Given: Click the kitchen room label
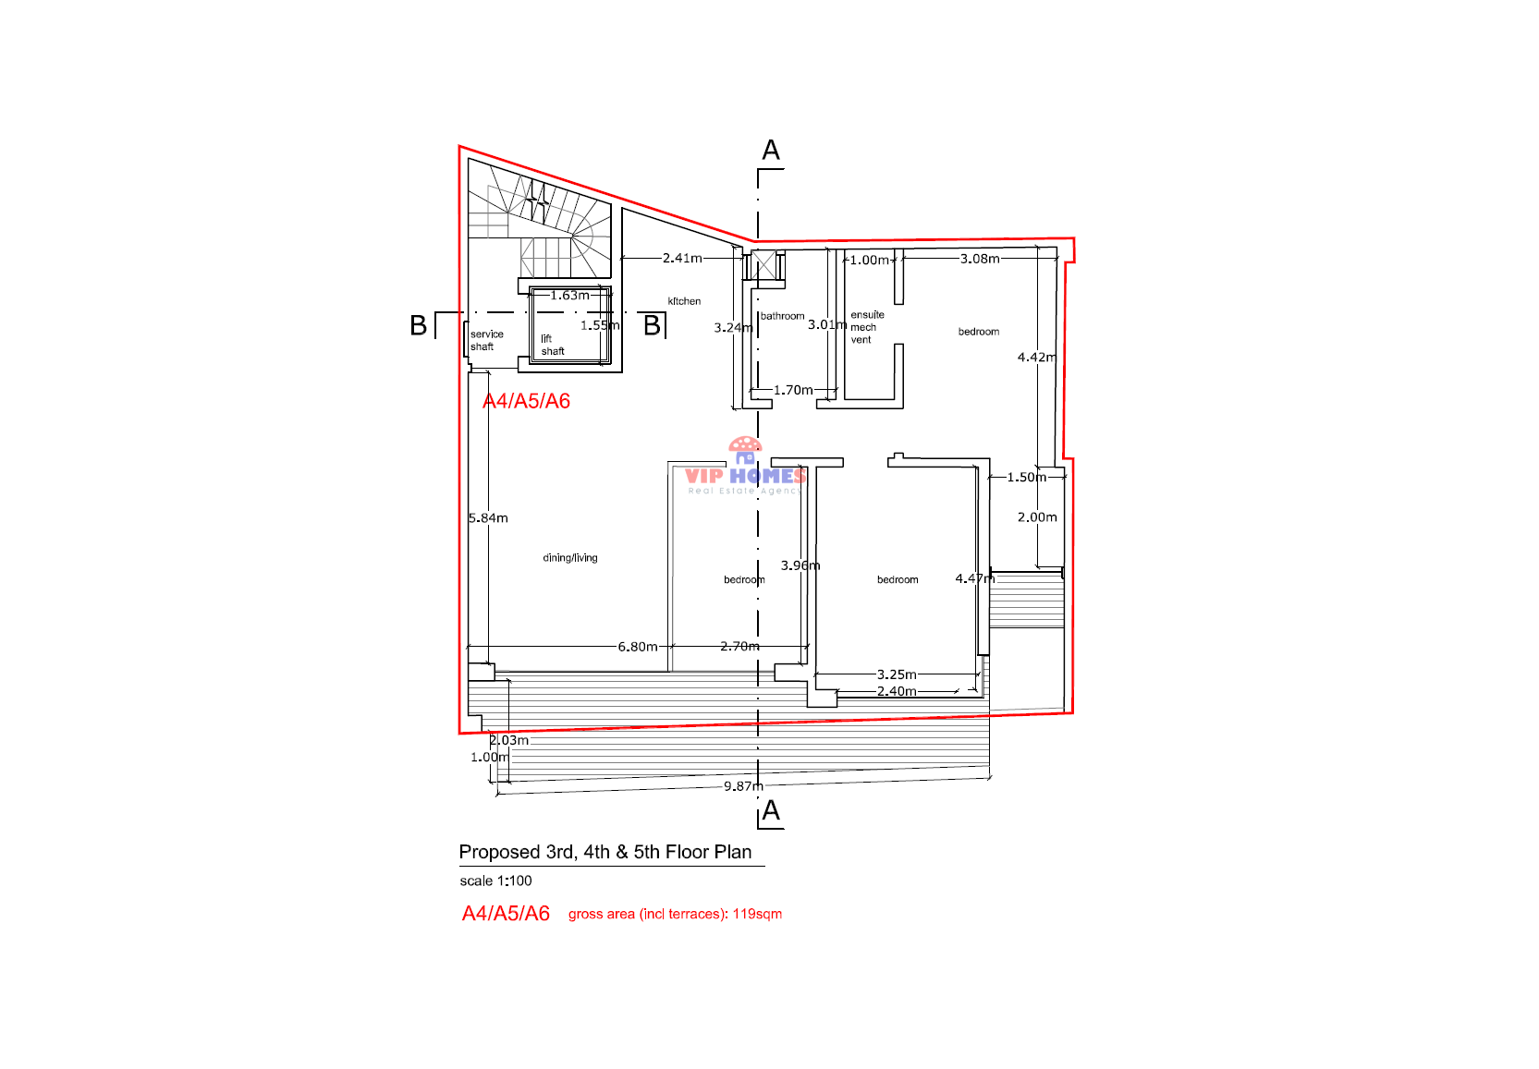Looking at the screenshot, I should point(684,301).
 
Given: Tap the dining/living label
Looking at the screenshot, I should point(570,558).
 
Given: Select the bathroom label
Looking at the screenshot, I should point(782,316).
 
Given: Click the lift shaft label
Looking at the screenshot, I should point(552,346).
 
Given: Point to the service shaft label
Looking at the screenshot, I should point(486,341).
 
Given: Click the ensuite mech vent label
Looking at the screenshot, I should point(866,328).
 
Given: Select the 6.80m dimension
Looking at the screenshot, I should point(638,647).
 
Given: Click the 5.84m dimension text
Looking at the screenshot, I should point(488,518).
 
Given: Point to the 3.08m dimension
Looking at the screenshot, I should point(980,259).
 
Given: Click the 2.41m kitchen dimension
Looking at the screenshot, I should point(682,259).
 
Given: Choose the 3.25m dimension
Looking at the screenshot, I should point(897,674).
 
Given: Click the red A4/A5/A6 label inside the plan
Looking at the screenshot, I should point(526,401).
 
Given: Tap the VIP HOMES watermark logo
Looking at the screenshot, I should point(745,470).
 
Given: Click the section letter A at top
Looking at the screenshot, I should point(771,151).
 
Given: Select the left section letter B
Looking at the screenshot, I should point(419,325).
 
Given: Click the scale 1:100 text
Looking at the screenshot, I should point(495,881).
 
